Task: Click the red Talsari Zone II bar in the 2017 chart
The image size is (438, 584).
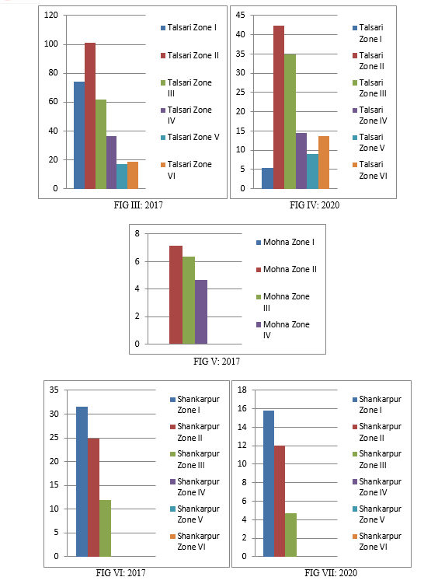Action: click(x=90, y=116)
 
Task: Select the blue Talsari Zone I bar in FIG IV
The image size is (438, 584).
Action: click(x=267, y=178)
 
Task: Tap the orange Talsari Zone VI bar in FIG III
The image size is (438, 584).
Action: click(x=133, y=176)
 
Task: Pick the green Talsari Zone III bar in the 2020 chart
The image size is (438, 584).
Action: click(x=290, y=121)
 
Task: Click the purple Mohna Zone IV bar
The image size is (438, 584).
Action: click(x=201, y=312)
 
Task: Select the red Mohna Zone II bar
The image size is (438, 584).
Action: click(x=176, y=295)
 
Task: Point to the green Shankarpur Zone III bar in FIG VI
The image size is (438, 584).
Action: click(x=105, y=529)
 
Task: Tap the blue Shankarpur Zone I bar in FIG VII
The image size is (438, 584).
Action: click(x=269, y=484)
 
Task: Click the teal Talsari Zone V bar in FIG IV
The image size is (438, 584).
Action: click(x=313, y=171)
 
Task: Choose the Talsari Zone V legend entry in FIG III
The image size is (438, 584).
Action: click(x=190, y=138)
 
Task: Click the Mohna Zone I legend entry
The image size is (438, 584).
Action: click(x=285, y=242)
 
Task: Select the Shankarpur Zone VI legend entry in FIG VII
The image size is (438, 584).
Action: click(x=377, y=541)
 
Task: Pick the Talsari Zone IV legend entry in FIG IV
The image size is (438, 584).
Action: click(x=370, y=115)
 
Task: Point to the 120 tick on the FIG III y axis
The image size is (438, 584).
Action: click(x=51, y=16)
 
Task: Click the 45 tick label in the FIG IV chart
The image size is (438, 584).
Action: click(x=241, y=16)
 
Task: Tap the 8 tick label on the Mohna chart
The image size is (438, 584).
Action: click(x=137, y=234)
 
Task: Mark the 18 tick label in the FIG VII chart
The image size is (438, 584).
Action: click(x=242, y=390)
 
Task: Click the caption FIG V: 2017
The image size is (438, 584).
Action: click(x=217, y=362)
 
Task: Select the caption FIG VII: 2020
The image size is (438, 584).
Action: click(x=331, y=573)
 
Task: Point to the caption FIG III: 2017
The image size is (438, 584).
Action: click(x=138, y=205)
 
